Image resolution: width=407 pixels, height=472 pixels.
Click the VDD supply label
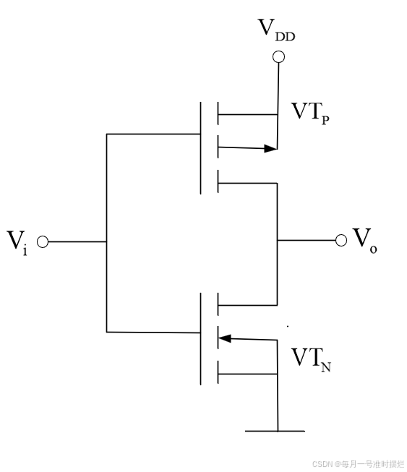tap(276, 30)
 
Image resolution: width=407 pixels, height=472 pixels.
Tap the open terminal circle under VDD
tap(278, 57)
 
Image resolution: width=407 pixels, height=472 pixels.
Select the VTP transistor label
tap(310, 113)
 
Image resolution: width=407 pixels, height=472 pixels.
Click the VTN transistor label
tap(312, 359)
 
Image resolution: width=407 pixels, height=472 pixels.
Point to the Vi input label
tap(17, 243)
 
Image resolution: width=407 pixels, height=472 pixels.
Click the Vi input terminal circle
tap(43, 241)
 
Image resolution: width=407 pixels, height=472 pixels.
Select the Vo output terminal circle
tap(340, 240)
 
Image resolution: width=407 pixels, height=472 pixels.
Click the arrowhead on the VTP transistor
tap(270, 148)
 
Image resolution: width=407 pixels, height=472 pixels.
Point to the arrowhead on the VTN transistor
tap(225, 338)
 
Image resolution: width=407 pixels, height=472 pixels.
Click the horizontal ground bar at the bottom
tap(275, 431)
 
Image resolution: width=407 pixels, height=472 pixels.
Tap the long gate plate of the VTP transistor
tap(200, 148)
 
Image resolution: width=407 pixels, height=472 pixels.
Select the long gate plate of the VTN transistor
tap(200, 339)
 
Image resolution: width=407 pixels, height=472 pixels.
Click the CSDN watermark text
tap(359, 464)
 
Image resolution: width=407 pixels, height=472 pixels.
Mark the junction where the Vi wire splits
tap(106, 241)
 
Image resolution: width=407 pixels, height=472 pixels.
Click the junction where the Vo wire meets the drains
tap(278, 240)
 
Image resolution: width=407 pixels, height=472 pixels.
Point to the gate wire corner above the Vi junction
tap(106, 134)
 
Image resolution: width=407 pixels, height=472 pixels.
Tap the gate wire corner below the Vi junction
tap(106, 332)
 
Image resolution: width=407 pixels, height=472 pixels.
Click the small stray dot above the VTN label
tap(288, 326)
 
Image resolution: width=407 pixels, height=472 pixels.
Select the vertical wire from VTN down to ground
tap(278, 385)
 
